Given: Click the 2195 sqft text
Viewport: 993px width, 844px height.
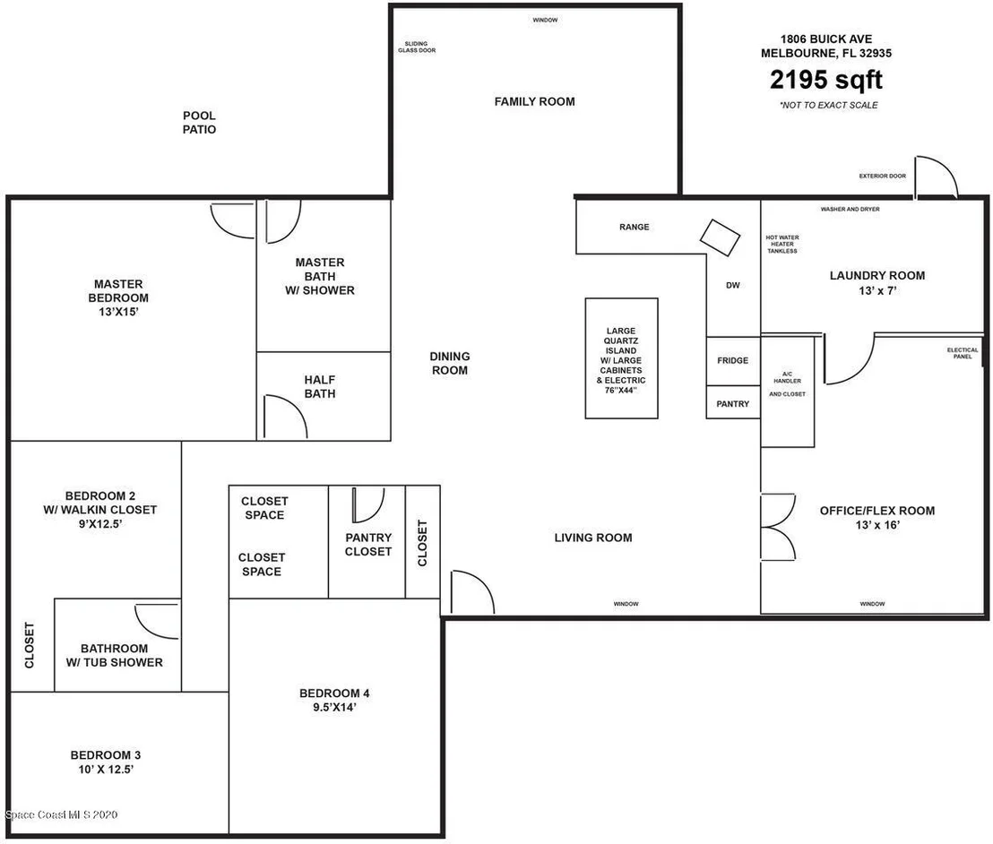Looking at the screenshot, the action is point(825,80).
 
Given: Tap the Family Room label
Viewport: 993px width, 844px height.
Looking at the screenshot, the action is point(534,101).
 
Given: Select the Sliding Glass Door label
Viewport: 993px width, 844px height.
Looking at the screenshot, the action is point(417,47).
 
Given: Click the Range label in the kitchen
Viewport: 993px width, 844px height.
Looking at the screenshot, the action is point(634,227).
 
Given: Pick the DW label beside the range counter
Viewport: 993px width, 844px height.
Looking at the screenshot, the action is point(733,286).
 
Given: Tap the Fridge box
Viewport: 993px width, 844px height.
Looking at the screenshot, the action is point(733,361).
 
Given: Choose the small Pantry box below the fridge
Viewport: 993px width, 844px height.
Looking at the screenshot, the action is point(733,402).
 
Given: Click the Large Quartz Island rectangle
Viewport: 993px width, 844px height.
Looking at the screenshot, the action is point(621,358).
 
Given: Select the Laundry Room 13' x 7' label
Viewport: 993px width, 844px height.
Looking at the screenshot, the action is point(877,283).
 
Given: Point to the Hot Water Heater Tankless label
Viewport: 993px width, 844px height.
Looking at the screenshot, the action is point(782,245).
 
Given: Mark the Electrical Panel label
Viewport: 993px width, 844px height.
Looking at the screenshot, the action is point(963,353).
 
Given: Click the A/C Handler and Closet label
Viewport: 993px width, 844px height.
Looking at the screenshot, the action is point(787,383).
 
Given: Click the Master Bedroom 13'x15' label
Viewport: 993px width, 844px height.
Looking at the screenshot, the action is point(118,297).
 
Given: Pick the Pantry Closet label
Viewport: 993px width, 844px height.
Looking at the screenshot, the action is point(368,545).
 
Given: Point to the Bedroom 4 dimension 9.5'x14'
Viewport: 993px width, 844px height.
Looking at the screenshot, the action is point(334,707).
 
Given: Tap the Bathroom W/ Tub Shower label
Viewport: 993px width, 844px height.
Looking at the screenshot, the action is point(115,655).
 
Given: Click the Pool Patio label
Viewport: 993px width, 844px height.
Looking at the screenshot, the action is point(200,122).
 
